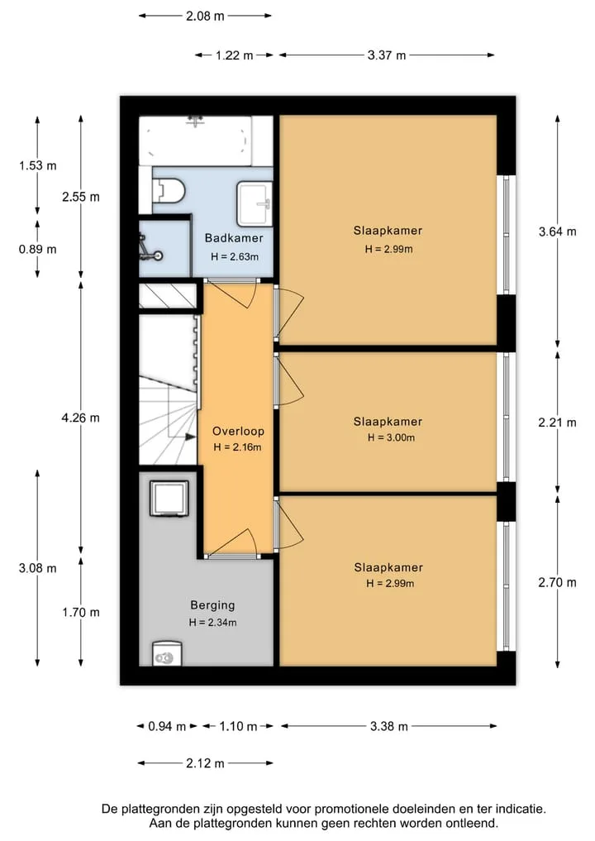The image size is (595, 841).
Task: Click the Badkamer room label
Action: pos(234,238)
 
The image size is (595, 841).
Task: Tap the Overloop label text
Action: pos(238,431)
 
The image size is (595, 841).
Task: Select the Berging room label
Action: pos(212,605)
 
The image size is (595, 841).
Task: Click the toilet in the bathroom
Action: pos(169,190)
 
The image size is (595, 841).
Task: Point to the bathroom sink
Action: pos(255,203)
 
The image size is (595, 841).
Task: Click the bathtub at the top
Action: pos(196,141)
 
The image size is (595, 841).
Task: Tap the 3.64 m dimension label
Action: pos(558,232)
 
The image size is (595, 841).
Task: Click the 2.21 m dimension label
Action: pos(558,423)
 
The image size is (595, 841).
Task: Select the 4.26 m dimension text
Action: pos(80,418)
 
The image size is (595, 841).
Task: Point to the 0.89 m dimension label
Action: pos(37,250)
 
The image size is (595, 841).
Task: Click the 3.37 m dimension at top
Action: pos(387,55)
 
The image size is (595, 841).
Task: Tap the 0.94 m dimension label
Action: pos(167,727)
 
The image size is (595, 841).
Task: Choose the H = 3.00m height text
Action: pos(391,437)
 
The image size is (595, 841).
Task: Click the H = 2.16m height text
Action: pos(237,447)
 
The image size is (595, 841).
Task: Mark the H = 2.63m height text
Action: pos(234,257)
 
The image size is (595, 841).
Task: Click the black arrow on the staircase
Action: pos(190,437)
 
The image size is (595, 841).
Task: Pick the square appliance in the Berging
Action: pos(169,499)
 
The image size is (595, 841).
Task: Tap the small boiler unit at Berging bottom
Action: pos(167,654)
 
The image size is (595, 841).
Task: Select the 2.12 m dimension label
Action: pos(205,763)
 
